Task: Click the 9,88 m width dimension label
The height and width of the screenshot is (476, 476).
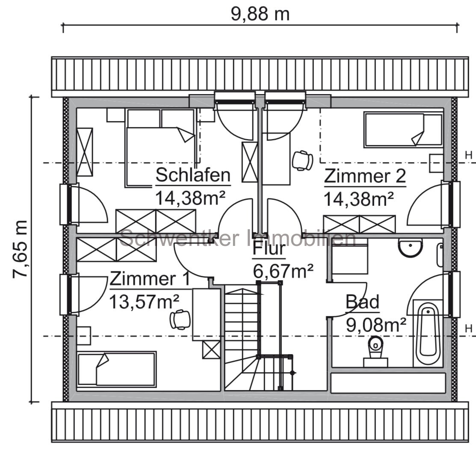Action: pyautogui.click(x=260, y=14)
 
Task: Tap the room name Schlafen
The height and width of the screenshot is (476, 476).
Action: pyautogui.click(x=193, y=175)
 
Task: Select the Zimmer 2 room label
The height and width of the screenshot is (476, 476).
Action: pyautogui.click(x=364, y=176)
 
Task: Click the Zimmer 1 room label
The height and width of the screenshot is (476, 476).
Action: pyautogui.click(x=150, y=279)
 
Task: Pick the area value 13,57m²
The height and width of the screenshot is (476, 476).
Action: pyautogui.click(x=144, y=302)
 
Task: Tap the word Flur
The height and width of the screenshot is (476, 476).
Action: pyautogui.click(x=269, y=248)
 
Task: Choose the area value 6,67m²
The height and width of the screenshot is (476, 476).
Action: pyautogui.click(x=283, y=271)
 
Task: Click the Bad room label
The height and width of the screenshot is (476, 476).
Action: pyautogui.click(x=362, y=302)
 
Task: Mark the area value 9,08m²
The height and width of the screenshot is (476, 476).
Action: pyautogui.click(x=376, y=325)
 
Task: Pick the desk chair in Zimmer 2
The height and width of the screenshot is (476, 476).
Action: pyautogui.click(x=302, y=160)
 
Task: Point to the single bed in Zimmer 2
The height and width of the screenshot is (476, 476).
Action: pyautogui.click(x=402, y=130)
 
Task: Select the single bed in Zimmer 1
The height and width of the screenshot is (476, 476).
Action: pyautogui.click(x=117, y=369)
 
